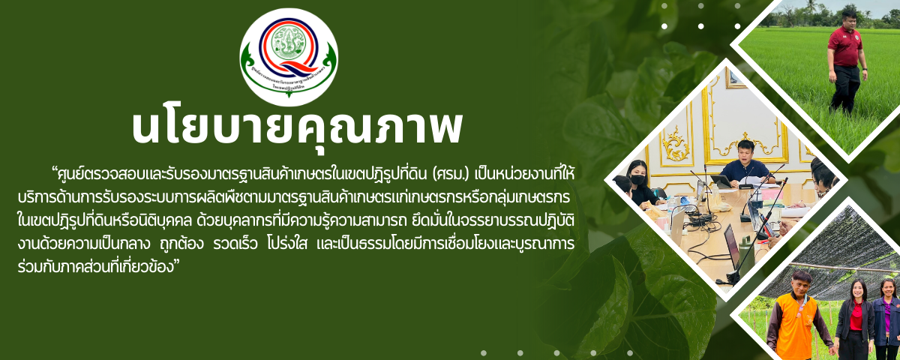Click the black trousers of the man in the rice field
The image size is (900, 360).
[844, 88]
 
